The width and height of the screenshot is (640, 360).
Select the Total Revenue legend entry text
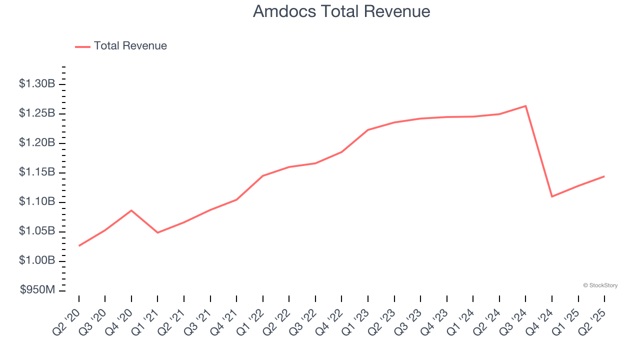(x=130, y=46)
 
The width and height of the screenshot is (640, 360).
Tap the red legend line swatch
(x=82, y=46)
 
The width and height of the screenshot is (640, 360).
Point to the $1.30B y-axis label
(x=36, y=84)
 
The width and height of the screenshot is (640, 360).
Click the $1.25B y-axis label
(x=36, y=113)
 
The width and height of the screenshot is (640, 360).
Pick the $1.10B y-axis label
(x=36, y=202)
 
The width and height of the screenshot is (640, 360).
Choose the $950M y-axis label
(x=37, y=290)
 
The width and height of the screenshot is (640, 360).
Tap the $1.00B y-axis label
(x=36, y=261)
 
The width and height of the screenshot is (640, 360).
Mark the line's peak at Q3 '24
(x=525, y=106)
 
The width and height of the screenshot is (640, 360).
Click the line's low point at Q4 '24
(x=552, y=196)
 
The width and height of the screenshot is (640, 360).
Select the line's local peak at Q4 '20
(x=131, y=210)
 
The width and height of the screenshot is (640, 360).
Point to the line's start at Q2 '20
(x=79, y=245)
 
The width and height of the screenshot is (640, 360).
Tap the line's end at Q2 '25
(x=604, y=176)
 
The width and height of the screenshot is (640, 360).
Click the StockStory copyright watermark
(x=600, y=285)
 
